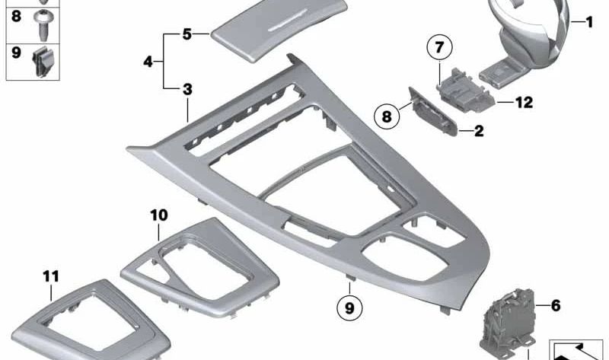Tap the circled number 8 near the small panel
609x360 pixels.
[x=387, y=117]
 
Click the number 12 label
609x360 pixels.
[x=524, y=100]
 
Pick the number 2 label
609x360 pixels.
[x=478, y=131]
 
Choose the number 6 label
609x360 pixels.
[x=555, y=305]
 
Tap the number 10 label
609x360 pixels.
[x=158, y=215]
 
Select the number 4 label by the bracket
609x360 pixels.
[x=149, y=61]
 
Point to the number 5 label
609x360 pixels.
[x=187, y=33]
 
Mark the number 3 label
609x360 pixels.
[x=187, y=89]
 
